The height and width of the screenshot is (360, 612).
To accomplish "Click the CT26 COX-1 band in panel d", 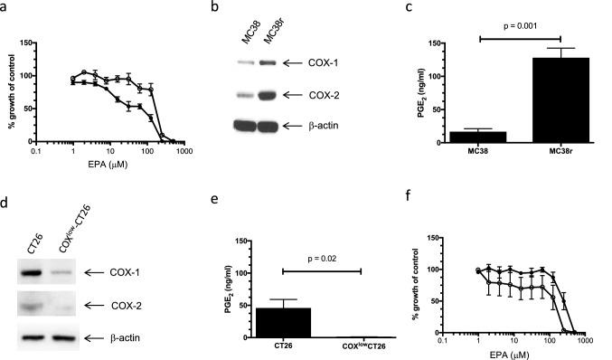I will tap(33, 271).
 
